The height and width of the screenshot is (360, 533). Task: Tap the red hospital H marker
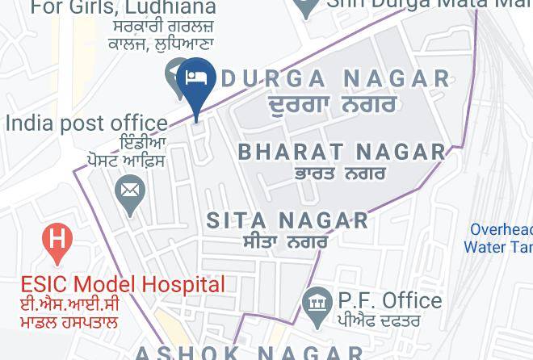click(57, 240)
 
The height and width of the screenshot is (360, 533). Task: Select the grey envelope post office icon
click(129, 192)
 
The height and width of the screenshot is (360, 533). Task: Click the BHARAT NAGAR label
click(342, 151)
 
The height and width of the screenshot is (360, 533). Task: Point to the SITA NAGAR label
click(287, 220)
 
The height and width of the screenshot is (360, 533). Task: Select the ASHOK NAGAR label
click(249, 353)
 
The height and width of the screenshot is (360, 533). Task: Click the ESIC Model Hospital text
click(123, 284)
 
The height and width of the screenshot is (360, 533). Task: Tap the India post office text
click(86, 123)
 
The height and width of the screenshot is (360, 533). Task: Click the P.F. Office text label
click(390, 301)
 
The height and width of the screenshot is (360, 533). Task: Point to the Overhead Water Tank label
click(499, 238)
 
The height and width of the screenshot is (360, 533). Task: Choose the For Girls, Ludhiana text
click(124, 9)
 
